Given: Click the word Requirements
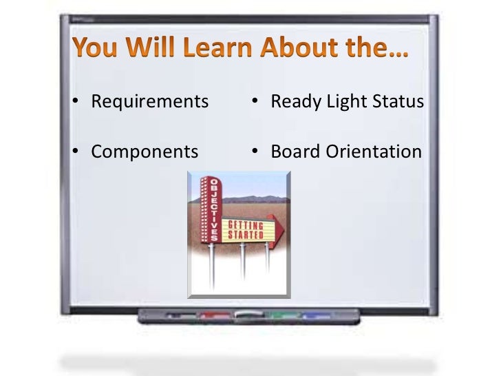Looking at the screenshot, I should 149,102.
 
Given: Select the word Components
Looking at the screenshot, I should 145,151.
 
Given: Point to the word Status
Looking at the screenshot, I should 396,102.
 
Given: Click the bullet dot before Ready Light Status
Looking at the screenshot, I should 255,103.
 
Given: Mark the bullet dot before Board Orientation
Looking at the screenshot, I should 255,152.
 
